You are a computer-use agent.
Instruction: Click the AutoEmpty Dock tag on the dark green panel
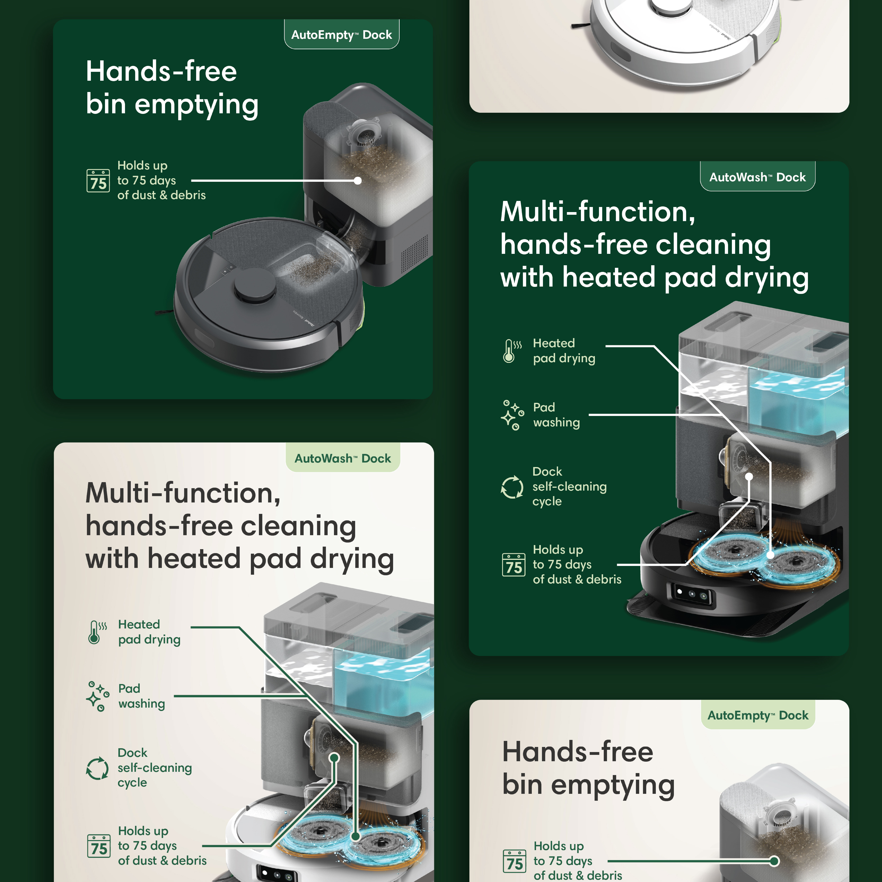point(341,34)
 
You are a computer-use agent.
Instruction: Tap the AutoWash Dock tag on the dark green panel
point(757,177)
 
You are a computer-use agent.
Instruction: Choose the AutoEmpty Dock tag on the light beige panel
point(758,715)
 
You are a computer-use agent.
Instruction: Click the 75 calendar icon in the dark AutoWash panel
point(514,565)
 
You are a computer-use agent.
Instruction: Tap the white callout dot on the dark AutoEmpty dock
point(358,181)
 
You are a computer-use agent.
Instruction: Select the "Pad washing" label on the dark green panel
point(556,415)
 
